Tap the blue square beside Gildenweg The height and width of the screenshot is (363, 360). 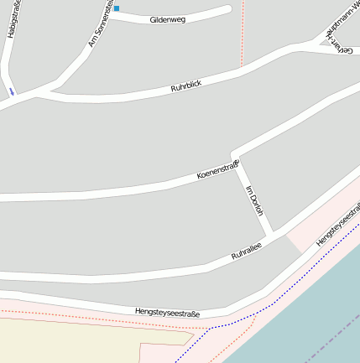point(117,8)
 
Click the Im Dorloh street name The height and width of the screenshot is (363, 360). point(253,200)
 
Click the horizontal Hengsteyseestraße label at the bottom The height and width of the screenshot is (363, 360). point(167,313)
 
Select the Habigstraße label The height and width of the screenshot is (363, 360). point(13,19)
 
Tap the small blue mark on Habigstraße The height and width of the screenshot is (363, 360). point(12,91)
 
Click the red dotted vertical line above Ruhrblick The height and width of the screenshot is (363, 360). point(242,34)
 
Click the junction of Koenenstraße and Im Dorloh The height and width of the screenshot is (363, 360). point(235,163)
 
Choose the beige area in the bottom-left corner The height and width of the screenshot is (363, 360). point(50,340)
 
